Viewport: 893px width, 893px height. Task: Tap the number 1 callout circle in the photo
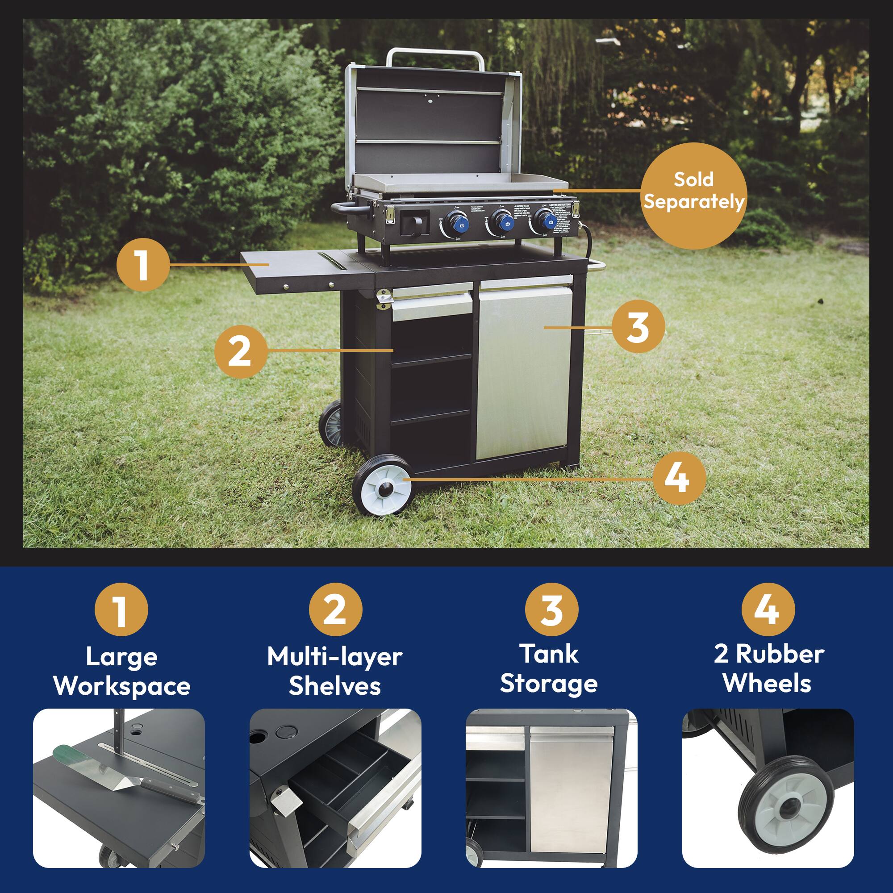pos(142,265)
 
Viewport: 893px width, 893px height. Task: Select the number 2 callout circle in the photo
pos(240,352)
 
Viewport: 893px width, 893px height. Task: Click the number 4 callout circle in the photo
pos(680,477)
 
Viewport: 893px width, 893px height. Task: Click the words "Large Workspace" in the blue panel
pos(122,671)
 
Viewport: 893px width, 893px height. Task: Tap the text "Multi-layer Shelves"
pos(334,671)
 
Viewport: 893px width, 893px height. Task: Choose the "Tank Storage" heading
pos(549,669)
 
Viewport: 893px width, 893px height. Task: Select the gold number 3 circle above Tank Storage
pos(552,609)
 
